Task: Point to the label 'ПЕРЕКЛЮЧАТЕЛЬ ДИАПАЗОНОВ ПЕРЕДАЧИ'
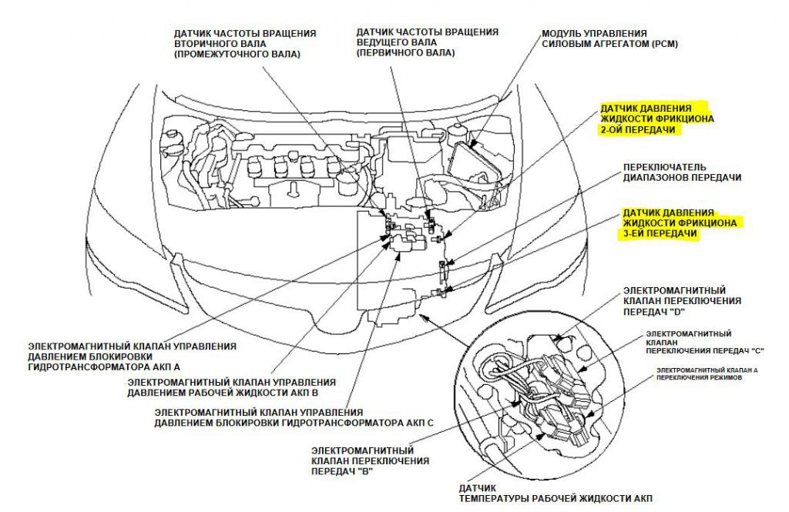click(681, 172)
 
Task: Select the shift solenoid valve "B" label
click(370, 460)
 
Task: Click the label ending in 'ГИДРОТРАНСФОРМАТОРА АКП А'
click(131, 357)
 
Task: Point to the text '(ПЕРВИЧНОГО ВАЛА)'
click(405, 54)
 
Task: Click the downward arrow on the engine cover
click(294, 187)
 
